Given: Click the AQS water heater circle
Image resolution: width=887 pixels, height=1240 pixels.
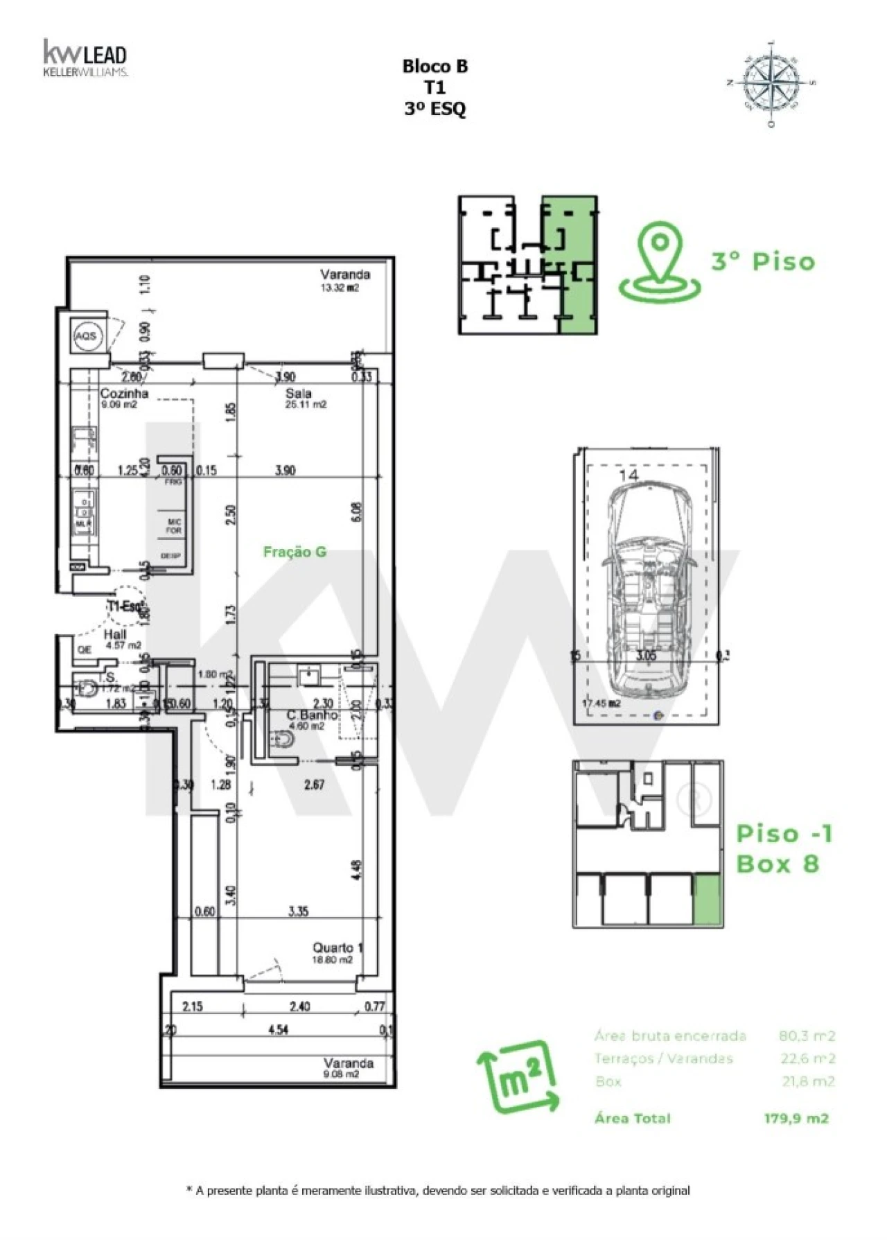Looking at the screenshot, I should click(87, 336).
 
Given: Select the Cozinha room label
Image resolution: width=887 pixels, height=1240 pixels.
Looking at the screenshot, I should click(124, 394).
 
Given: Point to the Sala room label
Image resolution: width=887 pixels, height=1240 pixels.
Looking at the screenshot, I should click(299, 394).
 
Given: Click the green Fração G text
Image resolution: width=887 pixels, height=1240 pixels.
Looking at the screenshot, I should click(295, 552).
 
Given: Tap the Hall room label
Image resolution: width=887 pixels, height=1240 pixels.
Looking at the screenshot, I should click(115, 634).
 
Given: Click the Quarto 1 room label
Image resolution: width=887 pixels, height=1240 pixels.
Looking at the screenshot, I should click(337, 948).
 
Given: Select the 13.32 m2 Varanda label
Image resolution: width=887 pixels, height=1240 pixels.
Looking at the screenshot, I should click(344, 274).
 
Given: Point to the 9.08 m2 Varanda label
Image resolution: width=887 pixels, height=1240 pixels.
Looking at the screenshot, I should click(348, 1063).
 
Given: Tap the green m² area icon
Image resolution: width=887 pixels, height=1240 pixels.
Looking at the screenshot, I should click(518, 1076).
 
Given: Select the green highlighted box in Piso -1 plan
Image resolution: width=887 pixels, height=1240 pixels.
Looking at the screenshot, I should click(708, 900).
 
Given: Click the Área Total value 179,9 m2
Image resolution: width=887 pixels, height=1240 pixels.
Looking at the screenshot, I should click(796, 1118).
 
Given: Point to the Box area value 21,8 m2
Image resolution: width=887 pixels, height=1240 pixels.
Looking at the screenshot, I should click(807, 1081).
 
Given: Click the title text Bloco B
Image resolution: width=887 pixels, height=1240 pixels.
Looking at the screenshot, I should click(435, 67).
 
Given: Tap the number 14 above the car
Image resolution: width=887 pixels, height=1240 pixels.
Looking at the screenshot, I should click(629, 475).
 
